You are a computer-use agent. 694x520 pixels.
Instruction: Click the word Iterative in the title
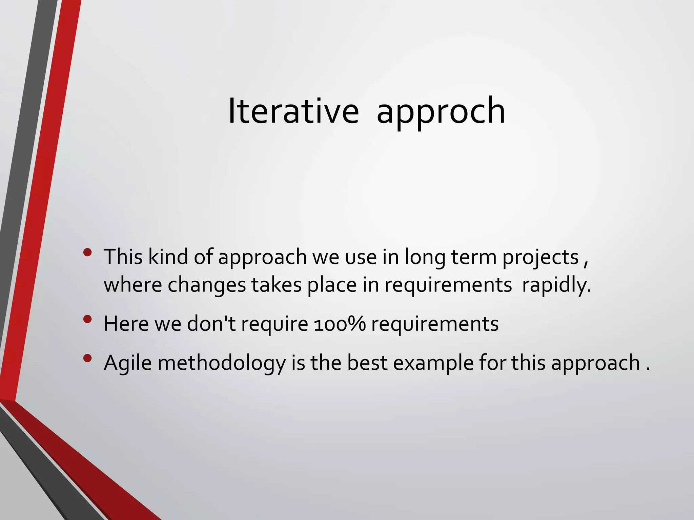click(293, 111)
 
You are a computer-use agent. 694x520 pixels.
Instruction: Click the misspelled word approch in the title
click(441, 111)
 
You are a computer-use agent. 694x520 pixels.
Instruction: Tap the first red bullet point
click(87, 253)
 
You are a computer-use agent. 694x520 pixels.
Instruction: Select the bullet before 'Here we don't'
click(87, 319)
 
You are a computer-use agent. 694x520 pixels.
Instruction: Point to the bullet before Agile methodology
click(87, 358)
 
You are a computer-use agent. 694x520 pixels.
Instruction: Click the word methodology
click(222, 363)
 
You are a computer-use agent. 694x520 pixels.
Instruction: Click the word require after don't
click(274, 324)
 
